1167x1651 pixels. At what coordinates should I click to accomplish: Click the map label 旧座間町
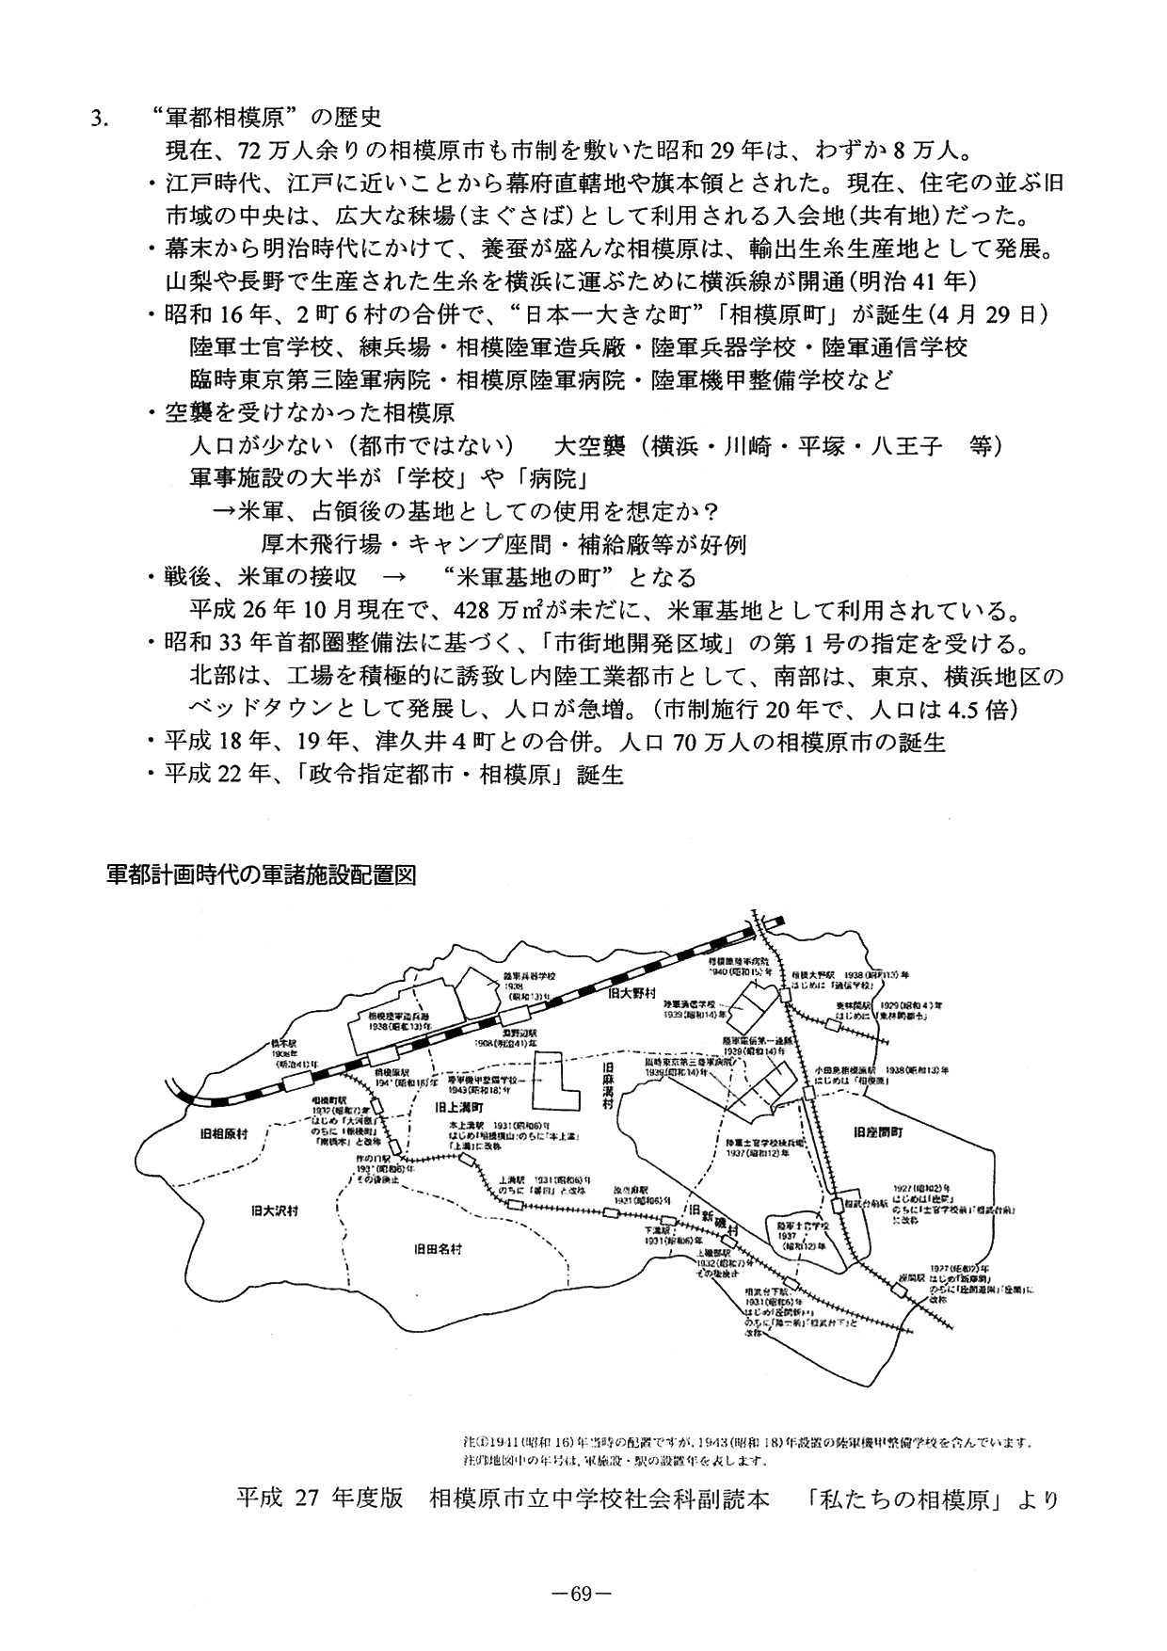point(878,1133)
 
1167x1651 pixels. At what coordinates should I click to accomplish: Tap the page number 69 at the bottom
point(583,1595)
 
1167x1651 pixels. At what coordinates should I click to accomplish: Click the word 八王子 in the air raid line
point(908,445)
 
